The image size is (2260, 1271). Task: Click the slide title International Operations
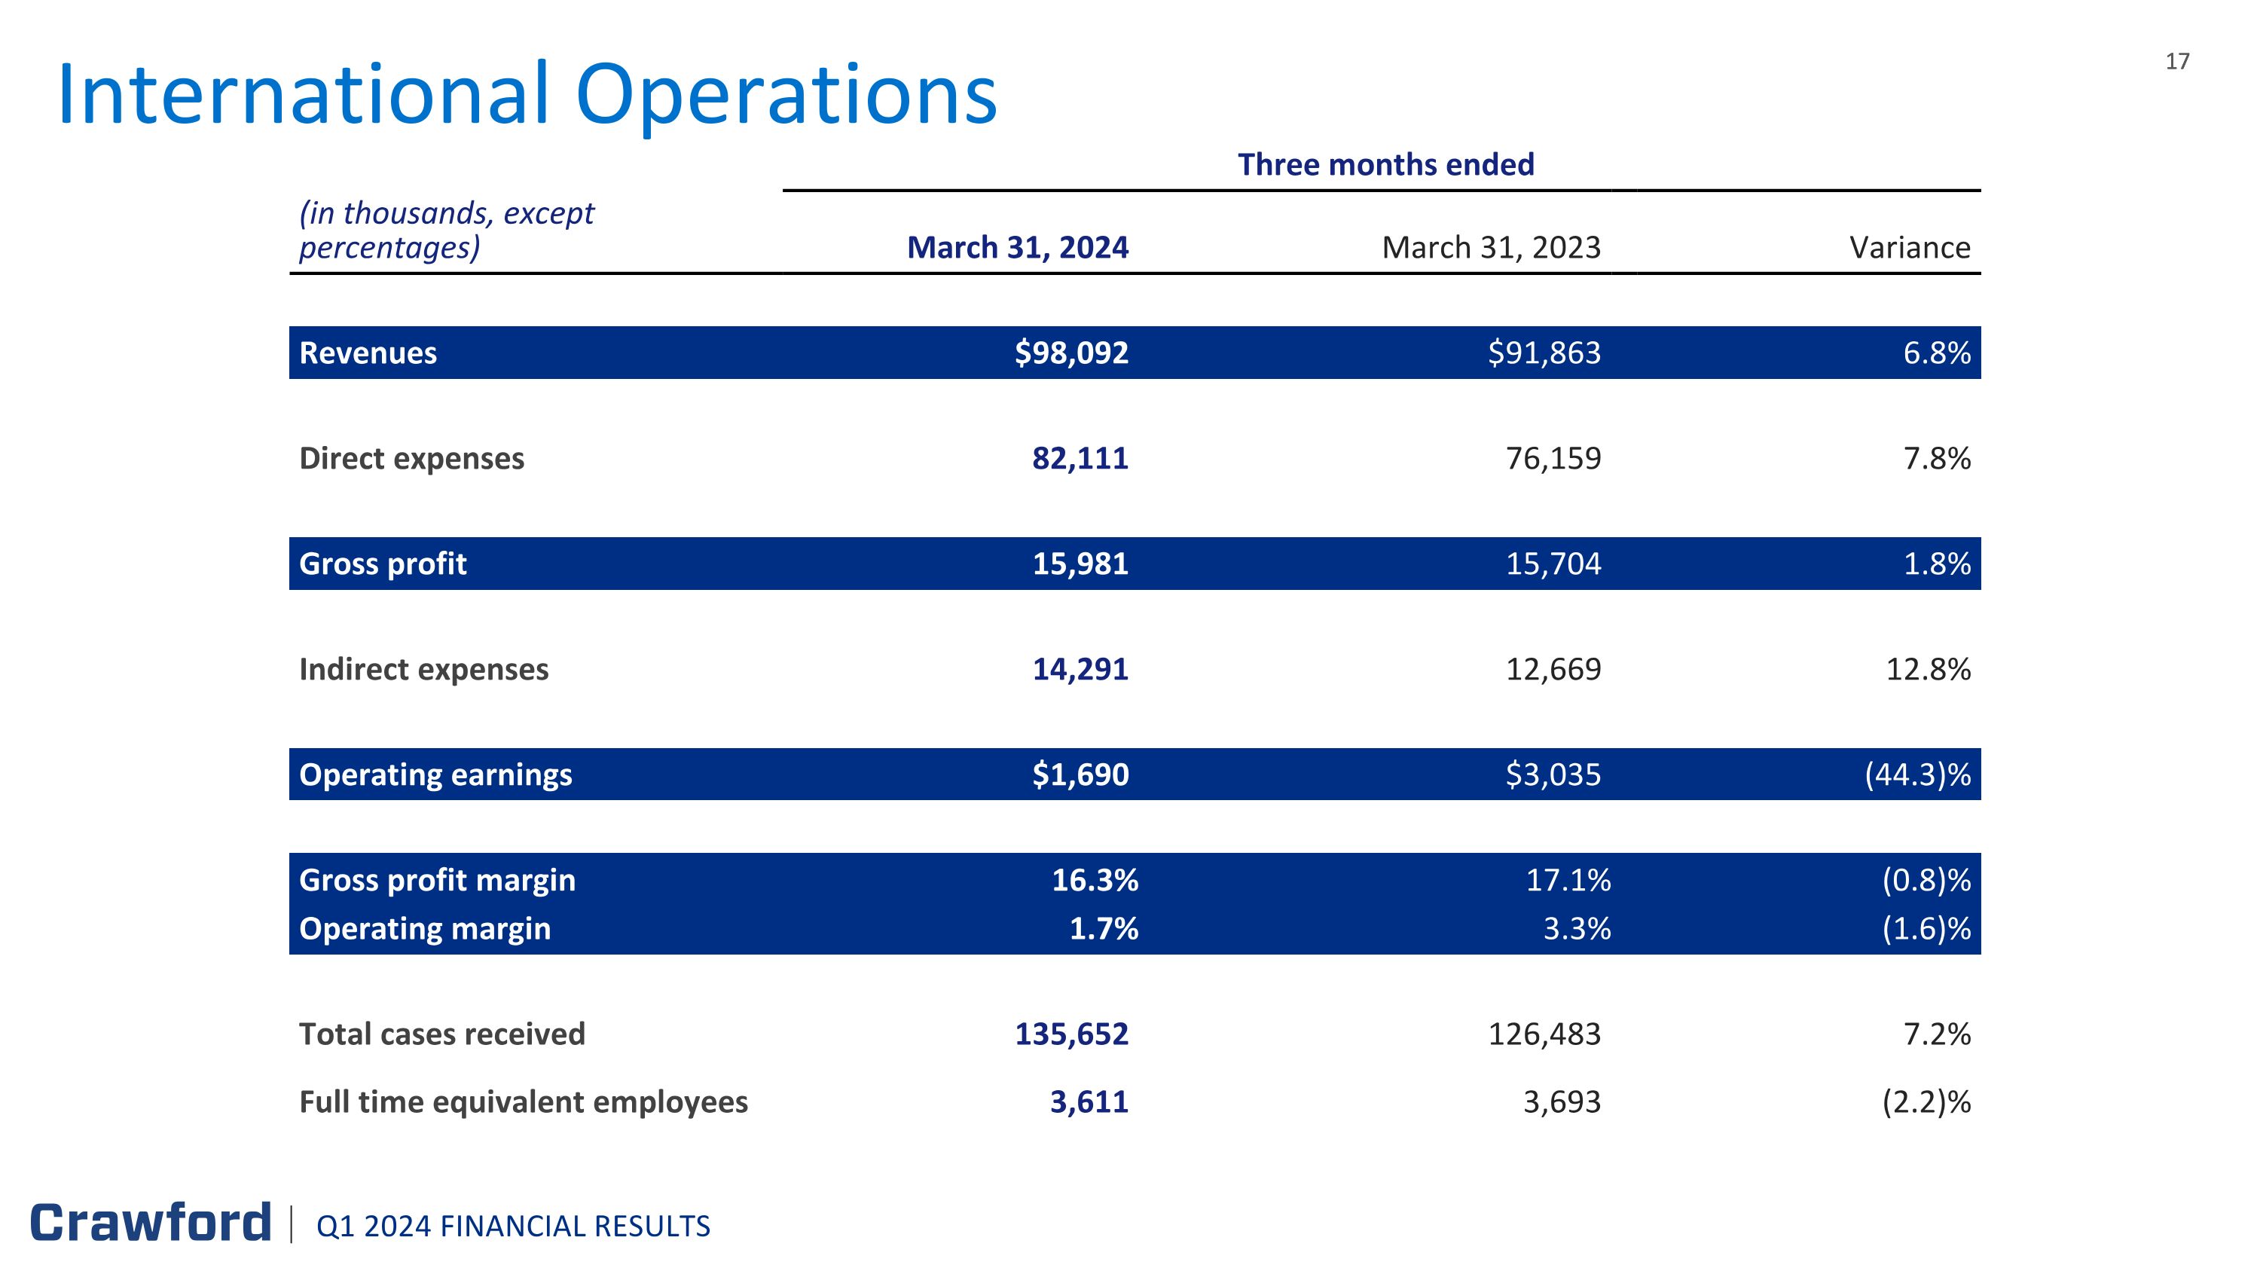527,95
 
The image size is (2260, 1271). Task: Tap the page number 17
2178,61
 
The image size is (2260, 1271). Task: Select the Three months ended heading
1385,164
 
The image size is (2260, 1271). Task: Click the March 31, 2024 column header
1018,247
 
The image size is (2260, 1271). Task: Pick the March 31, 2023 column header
1492,247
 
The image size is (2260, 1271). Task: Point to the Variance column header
1910,247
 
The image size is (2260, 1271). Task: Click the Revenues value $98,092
1071,353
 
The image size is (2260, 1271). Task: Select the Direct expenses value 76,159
1553,458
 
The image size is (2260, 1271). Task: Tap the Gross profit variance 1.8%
1937,563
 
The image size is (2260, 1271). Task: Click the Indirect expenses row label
423,669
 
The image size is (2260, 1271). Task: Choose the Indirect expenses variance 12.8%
1929,669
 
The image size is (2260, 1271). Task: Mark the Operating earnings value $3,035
1553,775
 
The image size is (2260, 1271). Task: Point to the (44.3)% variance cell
1918,775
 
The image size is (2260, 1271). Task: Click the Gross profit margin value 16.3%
1095,880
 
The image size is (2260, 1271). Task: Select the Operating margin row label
425,928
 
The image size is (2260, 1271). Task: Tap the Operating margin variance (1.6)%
1926,928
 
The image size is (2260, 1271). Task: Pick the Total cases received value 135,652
1071,1034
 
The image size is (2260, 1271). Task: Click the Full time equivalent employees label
524,1101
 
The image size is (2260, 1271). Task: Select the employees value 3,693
1562,1101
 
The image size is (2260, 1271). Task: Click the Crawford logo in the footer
151,1223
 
